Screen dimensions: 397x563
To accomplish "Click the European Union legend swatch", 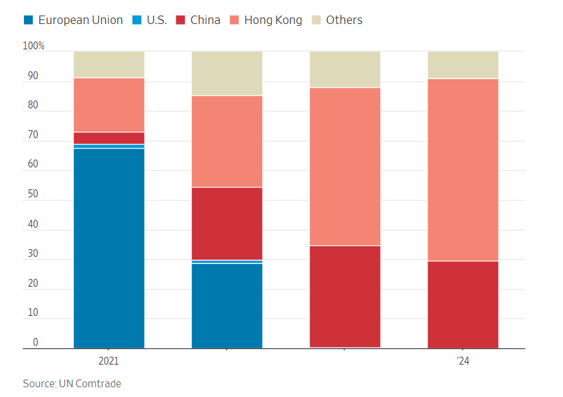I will (28, 20).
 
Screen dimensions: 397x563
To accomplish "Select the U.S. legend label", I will (156, 20).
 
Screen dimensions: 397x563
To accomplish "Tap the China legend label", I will (205, 20).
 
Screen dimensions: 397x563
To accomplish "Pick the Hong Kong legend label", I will (273, 20).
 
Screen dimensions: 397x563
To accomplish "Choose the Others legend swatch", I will (316, 20).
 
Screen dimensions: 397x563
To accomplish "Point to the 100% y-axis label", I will (34, 46).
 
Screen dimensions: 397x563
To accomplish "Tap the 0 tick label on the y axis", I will (36, 343).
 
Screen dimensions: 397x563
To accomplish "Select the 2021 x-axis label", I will (108, 361).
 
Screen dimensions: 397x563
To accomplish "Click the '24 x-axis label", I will (462, 361).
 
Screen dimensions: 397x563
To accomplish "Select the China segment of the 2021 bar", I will (109, 138).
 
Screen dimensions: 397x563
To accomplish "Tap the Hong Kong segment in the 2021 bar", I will (109, 105).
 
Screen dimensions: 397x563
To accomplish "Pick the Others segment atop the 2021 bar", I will (109, 64).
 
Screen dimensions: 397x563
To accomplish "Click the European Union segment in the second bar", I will (227, 306).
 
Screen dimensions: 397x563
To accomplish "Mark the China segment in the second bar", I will (227, 224).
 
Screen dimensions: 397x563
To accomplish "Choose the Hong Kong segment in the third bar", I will (345, 166).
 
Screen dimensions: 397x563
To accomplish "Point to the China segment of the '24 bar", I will (463, 304).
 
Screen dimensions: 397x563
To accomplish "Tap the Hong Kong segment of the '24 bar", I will (463, 169).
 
